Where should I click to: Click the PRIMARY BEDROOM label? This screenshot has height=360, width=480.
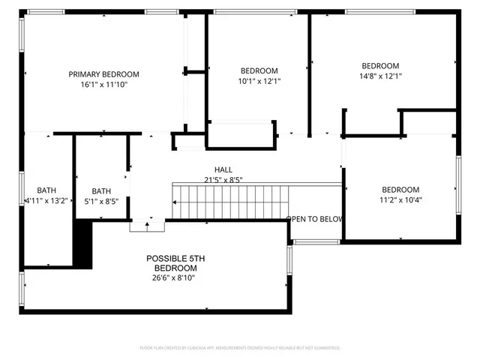(104, 73)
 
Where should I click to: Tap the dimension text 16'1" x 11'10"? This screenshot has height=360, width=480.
(104, 85)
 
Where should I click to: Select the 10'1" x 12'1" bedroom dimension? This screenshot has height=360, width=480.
(259, 81)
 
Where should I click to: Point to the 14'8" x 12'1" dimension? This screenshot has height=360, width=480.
(380, 76)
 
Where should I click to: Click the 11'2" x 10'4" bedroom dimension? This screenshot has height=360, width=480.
(400, 200)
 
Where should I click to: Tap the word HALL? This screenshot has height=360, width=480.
(223, 169)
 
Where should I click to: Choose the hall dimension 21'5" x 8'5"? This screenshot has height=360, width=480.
(223, 179)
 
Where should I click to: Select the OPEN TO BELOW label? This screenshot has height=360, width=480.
(314, 219)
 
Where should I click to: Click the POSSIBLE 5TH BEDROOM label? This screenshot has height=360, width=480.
(175, 263)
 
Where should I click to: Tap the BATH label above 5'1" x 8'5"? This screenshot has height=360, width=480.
(101, 190)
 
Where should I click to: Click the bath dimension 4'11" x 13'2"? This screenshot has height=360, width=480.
(46, 201)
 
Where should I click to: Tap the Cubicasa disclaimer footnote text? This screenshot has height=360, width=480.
(240, 348)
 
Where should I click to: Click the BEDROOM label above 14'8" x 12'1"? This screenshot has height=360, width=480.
(380, 65)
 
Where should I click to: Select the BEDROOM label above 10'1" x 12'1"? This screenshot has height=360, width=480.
(259, 70)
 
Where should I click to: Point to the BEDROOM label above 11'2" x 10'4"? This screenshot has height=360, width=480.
(400, 190)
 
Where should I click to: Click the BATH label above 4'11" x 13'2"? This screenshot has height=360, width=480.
(46, 190)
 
